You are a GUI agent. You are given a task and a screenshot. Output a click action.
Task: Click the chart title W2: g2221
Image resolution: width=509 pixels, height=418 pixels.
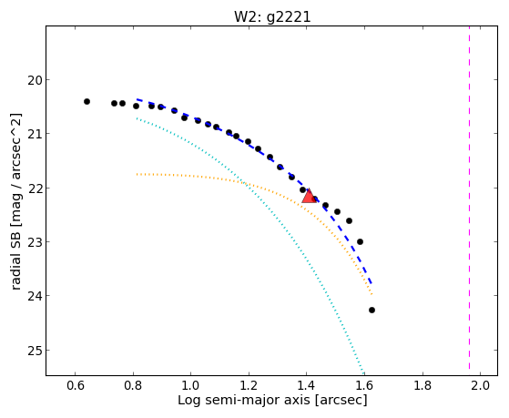tap(272, 17)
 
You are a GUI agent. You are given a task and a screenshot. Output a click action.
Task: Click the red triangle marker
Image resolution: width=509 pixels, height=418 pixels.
tap(309, 196)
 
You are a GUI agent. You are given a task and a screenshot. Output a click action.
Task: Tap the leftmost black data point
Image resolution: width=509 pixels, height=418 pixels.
tap(87, 102)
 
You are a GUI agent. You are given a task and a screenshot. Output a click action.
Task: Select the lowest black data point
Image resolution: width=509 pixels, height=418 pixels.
tap(372, 311)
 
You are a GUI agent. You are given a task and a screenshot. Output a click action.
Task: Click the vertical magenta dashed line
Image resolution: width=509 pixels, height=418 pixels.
tap(470, 198)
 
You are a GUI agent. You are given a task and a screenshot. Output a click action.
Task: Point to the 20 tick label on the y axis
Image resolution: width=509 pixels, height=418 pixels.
tap(36, 80)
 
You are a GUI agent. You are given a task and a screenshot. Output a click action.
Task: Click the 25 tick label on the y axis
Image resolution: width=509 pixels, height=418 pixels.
tap(36, 351)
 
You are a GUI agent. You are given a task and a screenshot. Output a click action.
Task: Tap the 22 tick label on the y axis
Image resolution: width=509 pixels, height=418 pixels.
tap(36, 189)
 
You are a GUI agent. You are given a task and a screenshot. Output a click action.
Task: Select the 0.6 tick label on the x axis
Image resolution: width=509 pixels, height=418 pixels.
tap(76, 385)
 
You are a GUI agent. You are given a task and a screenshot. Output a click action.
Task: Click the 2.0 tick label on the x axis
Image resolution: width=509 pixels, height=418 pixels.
tap(481, 385)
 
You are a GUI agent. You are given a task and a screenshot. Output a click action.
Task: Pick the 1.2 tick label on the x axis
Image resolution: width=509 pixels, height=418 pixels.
tap(249, 385)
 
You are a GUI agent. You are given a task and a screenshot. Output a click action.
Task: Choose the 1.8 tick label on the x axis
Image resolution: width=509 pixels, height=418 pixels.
tap(422, 385)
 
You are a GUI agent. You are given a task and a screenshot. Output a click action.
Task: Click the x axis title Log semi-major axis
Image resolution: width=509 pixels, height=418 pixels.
tap(244, 400)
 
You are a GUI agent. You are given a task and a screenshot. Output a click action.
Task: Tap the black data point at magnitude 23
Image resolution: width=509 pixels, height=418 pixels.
tap(360, 242)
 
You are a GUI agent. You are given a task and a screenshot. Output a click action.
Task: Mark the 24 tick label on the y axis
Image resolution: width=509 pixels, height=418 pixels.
tap(36, 296)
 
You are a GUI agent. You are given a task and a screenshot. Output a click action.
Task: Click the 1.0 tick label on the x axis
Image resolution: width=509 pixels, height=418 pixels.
tap(191, 385)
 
